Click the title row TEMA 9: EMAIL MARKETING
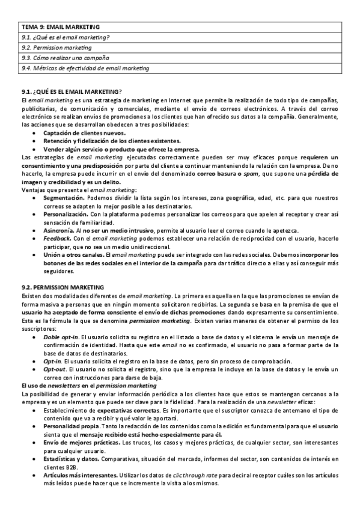pos(60,27)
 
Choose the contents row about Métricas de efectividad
pos(85,69)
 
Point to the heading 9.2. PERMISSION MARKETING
pos(63,287)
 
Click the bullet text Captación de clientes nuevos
pos(84,133)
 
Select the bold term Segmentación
pos(64,197)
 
